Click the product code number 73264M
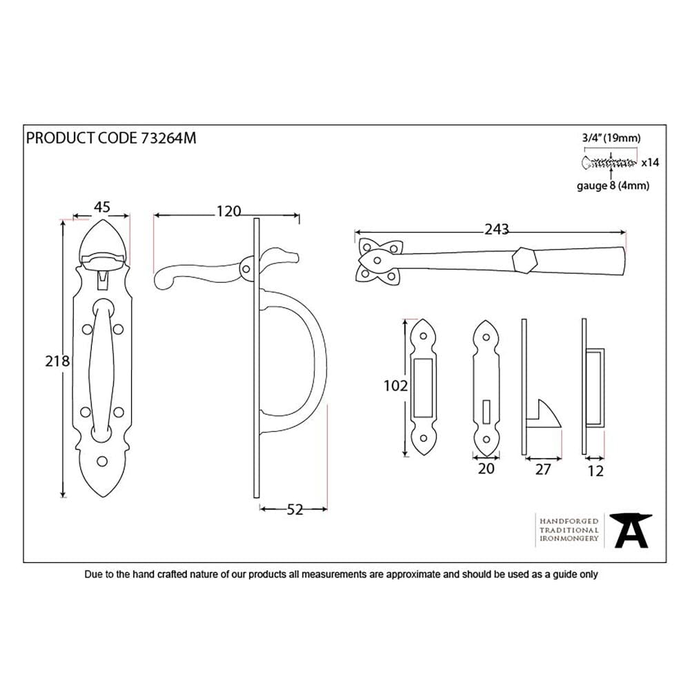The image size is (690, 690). (x=168, y=138)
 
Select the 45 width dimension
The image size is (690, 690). (x=102, y=207)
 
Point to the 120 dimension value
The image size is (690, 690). (x=228, y=211)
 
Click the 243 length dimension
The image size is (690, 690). (x=497, y=228)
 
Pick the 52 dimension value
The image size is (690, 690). (x=294, y=510)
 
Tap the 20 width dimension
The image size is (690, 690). (x=486, y=469)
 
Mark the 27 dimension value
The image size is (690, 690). (x=543, y=470)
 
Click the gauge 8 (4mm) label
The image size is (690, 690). (x=612, y=185)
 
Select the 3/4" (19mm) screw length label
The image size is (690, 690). (x=611, y=138)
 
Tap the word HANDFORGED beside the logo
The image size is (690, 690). (x=569, y=521)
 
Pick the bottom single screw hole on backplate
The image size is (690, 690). (x=103, y=462)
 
